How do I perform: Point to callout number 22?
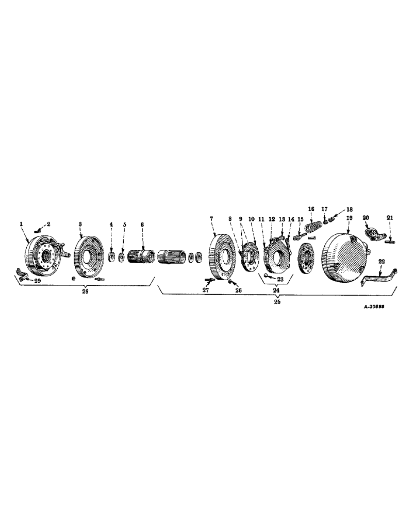click(380, 262)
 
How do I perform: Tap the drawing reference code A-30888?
click(375, 305)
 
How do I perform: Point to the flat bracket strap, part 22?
click(376, 277)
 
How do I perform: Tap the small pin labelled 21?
click(389, 237)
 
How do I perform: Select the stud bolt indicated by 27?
click(209, 280)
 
